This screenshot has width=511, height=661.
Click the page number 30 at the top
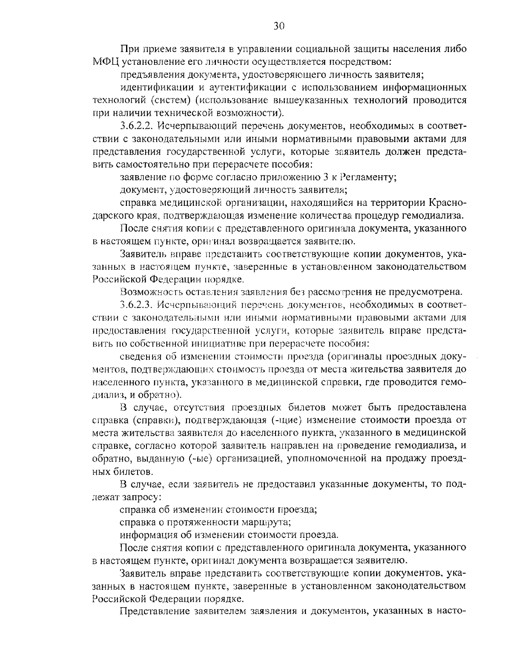click(x=278, y=26)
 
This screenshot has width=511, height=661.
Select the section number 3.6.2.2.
click(x=138, y=126)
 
